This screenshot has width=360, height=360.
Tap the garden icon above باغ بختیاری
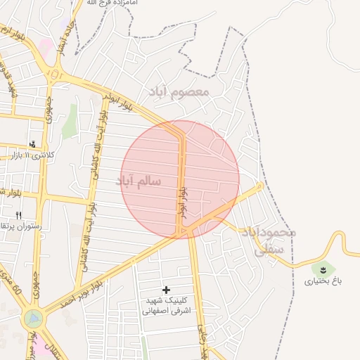coord(323,269)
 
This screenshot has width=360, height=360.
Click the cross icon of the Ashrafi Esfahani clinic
coord(166,290)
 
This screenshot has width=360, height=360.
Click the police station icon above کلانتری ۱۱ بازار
coord(32,143)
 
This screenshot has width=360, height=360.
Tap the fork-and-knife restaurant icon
coord(19,215)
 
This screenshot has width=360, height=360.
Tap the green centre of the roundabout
coord(32,319)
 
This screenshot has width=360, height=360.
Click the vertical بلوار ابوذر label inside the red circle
coord(181,201)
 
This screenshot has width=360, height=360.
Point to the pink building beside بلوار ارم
coord(44,49)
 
